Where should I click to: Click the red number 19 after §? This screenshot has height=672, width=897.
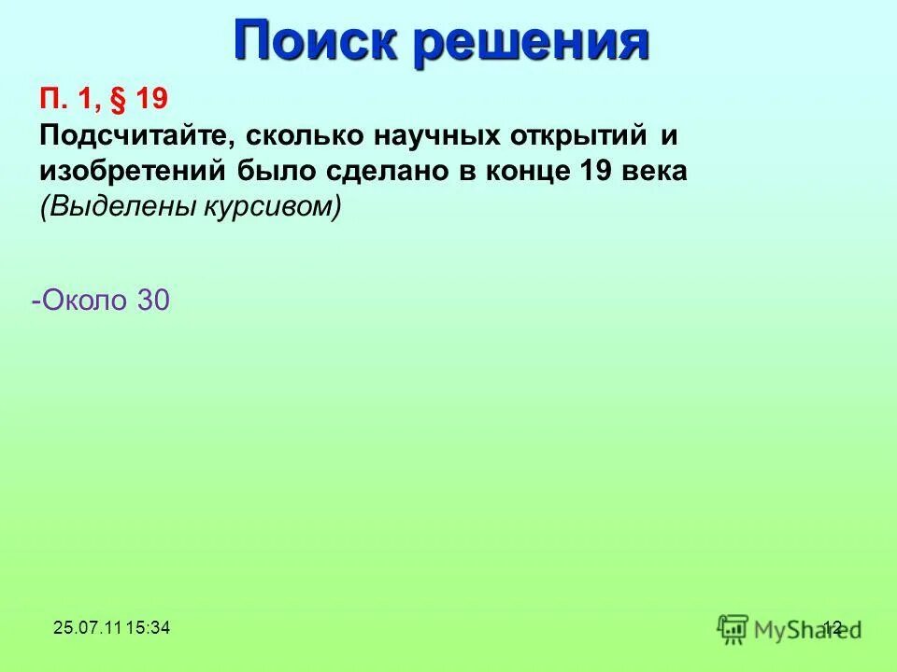pyautogui.click(x=151, y=99)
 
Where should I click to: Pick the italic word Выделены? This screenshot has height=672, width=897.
pyautogui.click(x=116, y=207)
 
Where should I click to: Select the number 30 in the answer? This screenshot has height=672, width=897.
pyautogui.click(x=153, y=301)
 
